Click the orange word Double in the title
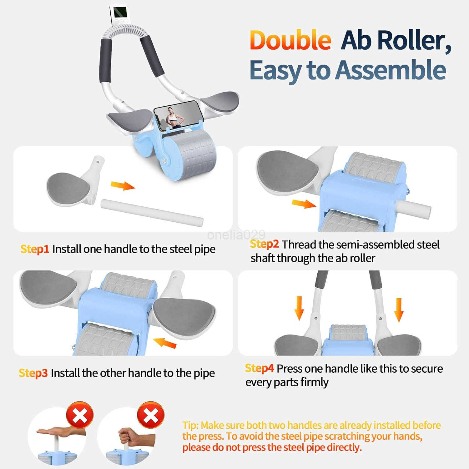[290, 40]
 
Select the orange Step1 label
[35, 249]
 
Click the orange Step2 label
[264, 244]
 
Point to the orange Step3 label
[33, 373]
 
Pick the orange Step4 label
[260, 368]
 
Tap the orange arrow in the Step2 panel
[304, 204]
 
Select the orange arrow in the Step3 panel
[165, 343]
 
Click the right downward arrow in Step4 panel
[399, 310]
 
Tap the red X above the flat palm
[80, 415]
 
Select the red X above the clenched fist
[151, 415]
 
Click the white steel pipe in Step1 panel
[152, 212]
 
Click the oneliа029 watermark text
[236, 234]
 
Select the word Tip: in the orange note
[190, 426]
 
